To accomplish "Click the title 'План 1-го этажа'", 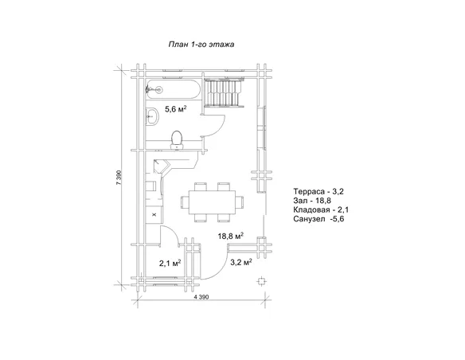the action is (x=201, y=45).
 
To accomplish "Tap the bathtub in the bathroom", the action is (x=174, y=89).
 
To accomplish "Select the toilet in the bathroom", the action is (x=177, y=139).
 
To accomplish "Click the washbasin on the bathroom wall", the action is (x=152, y=116).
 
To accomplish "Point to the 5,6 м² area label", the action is (x=175, y=109).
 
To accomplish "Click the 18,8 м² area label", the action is (x=231, y=236).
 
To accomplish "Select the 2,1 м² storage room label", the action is (x=170, y=263).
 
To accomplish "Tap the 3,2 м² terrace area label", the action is (x=241, y=262).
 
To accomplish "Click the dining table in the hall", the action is (x=213, y=202).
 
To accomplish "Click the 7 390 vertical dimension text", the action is (x=119, y=178).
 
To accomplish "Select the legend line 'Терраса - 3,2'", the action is (x=318, y=191).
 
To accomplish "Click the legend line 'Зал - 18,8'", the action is (x=312, y=201).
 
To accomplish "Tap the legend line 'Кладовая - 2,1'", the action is (x=321, y=209).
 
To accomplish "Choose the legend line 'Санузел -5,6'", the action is (x=318, y=219).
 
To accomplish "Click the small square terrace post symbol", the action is (x=261, y=281).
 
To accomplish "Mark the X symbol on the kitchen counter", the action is (x=154, y=214).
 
